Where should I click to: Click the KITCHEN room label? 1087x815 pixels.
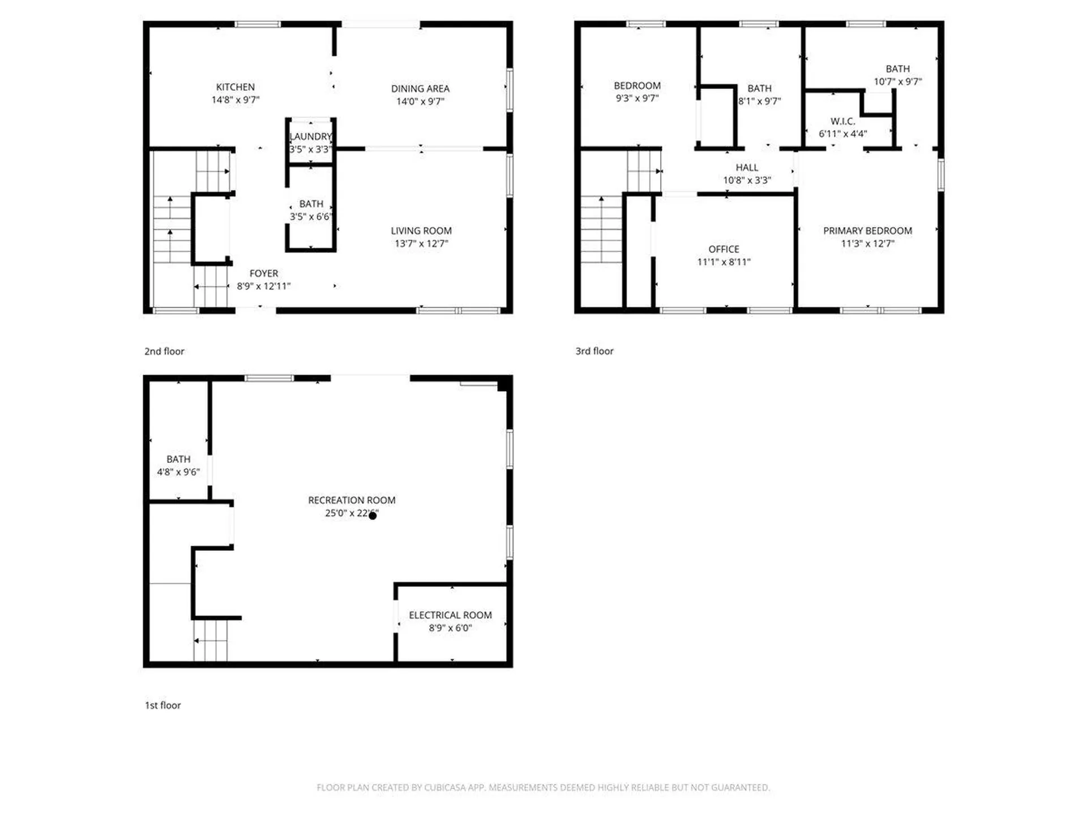coord(235,87)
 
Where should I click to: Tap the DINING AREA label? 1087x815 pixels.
coord(420,89)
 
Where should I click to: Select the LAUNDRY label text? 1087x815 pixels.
coord(310,136)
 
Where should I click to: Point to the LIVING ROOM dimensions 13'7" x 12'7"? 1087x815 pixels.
coord(421,244)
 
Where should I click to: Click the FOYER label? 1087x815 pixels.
coord(264,273)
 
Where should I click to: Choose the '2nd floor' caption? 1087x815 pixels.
coord(164,351)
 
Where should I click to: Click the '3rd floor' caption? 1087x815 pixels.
coord(594,351)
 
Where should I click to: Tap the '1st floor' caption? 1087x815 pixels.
coord(163,705)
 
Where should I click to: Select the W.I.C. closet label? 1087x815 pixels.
coord(842,121)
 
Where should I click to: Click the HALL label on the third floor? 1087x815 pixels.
coord(747,168)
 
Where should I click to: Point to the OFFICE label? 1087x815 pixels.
coord(724,249)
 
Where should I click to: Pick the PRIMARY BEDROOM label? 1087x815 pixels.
coord(867,231)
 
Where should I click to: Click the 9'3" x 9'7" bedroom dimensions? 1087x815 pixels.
coord(637,98)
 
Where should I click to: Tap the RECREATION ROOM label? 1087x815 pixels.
coord(352,500)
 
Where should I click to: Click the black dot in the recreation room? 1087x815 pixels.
coord(373,516)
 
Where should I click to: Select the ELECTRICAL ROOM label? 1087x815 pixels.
coord(450,615)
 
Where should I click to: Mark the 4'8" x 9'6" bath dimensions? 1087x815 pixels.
coord(178,472)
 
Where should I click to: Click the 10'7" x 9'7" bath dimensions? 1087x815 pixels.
coord(897,81)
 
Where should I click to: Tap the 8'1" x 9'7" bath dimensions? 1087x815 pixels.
coord(759,101)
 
